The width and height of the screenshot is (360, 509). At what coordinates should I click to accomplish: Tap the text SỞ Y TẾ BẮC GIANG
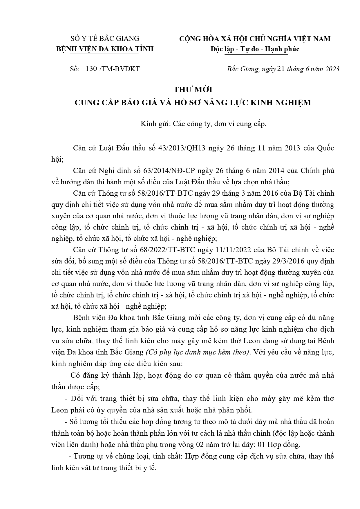(105, 38)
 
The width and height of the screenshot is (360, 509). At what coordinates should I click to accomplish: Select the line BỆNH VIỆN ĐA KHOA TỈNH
(105, 49)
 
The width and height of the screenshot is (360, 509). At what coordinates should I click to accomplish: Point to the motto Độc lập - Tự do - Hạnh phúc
(255, 49)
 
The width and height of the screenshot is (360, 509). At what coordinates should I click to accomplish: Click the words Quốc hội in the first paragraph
(325, 148)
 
